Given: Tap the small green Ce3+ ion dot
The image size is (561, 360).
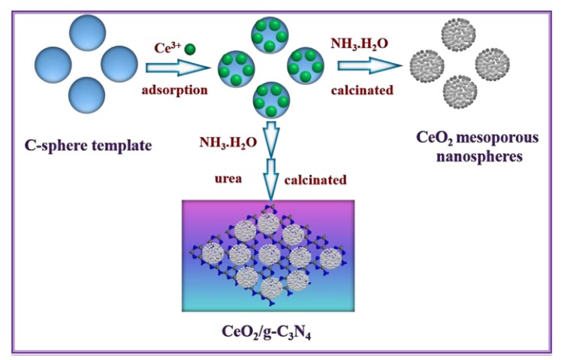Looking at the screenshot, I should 190,50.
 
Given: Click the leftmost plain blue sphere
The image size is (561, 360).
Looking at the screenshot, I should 54,65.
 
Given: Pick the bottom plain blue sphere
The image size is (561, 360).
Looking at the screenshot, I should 90,95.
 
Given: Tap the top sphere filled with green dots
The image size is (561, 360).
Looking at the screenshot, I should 271,35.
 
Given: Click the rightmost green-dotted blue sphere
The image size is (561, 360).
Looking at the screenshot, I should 305,66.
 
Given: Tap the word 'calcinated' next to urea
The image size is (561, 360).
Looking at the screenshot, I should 316,180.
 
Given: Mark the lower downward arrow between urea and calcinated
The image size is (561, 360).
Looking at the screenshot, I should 273,181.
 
